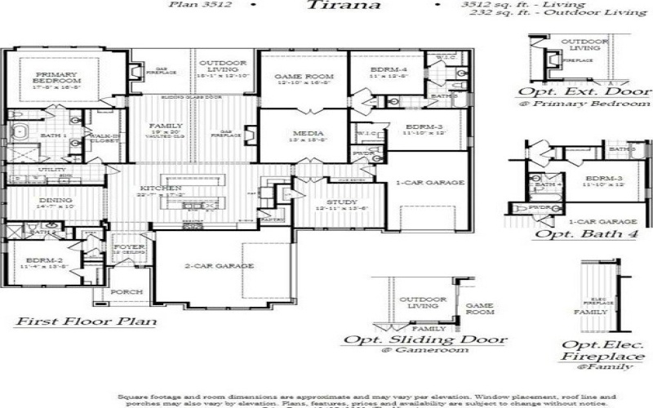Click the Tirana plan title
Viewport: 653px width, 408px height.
tap(344, 5)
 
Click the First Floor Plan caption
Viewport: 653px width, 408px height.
tap(86, 322)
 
